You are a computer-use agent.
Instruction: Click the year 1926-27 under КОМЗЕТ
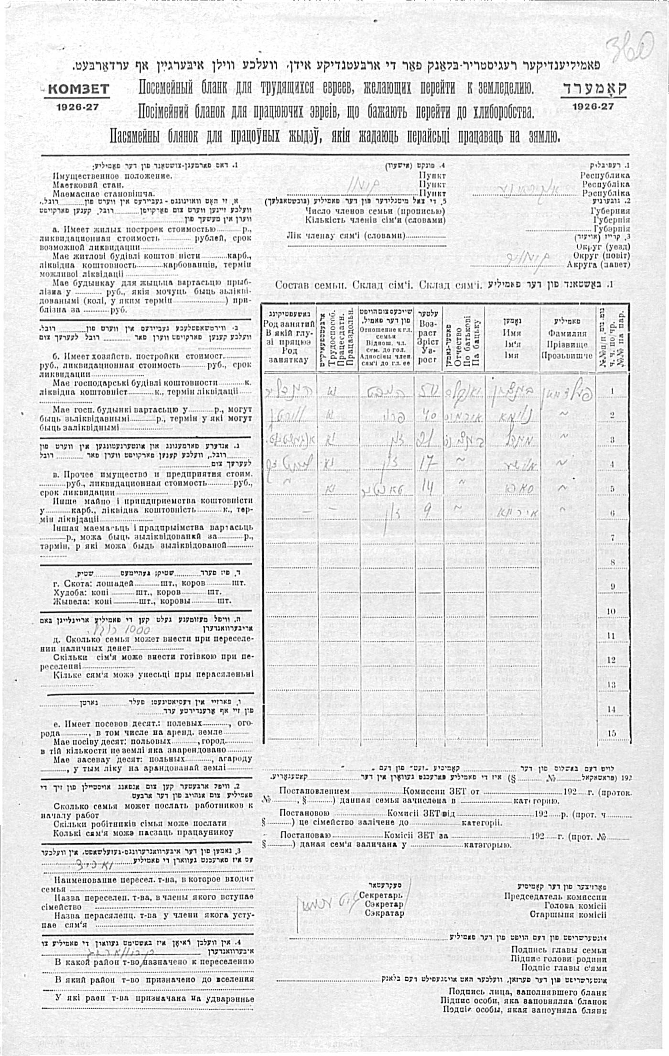click(x=77, y=107)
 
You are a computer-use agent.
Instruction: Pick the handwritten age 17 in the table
click(x=426, y=464)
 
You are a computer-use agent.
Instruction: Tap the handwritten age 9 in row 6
click(x=427, y=512)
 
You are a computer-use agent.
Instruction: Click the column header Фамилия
click(x=567, y=334)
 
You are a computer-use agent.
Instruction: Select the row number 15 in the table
click(x=612, y=733)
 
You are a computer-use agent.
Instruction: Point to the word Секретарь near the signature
click(x=380, y=895)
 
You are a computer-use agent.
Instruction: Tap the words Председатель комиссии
click(x=555, y=897)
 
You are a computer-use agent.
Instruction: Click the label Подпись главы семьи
click(x=559, y=949)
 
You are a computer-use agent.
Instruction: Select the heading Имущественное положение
click(x=112, y=175)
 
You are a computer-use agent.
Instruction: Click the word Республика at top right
click(x=605, y=175)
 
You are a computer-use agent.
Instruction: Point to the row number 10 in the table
click(x=612, y=611)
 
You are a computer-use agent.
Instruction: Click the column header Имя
click(x=512, y=333)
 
